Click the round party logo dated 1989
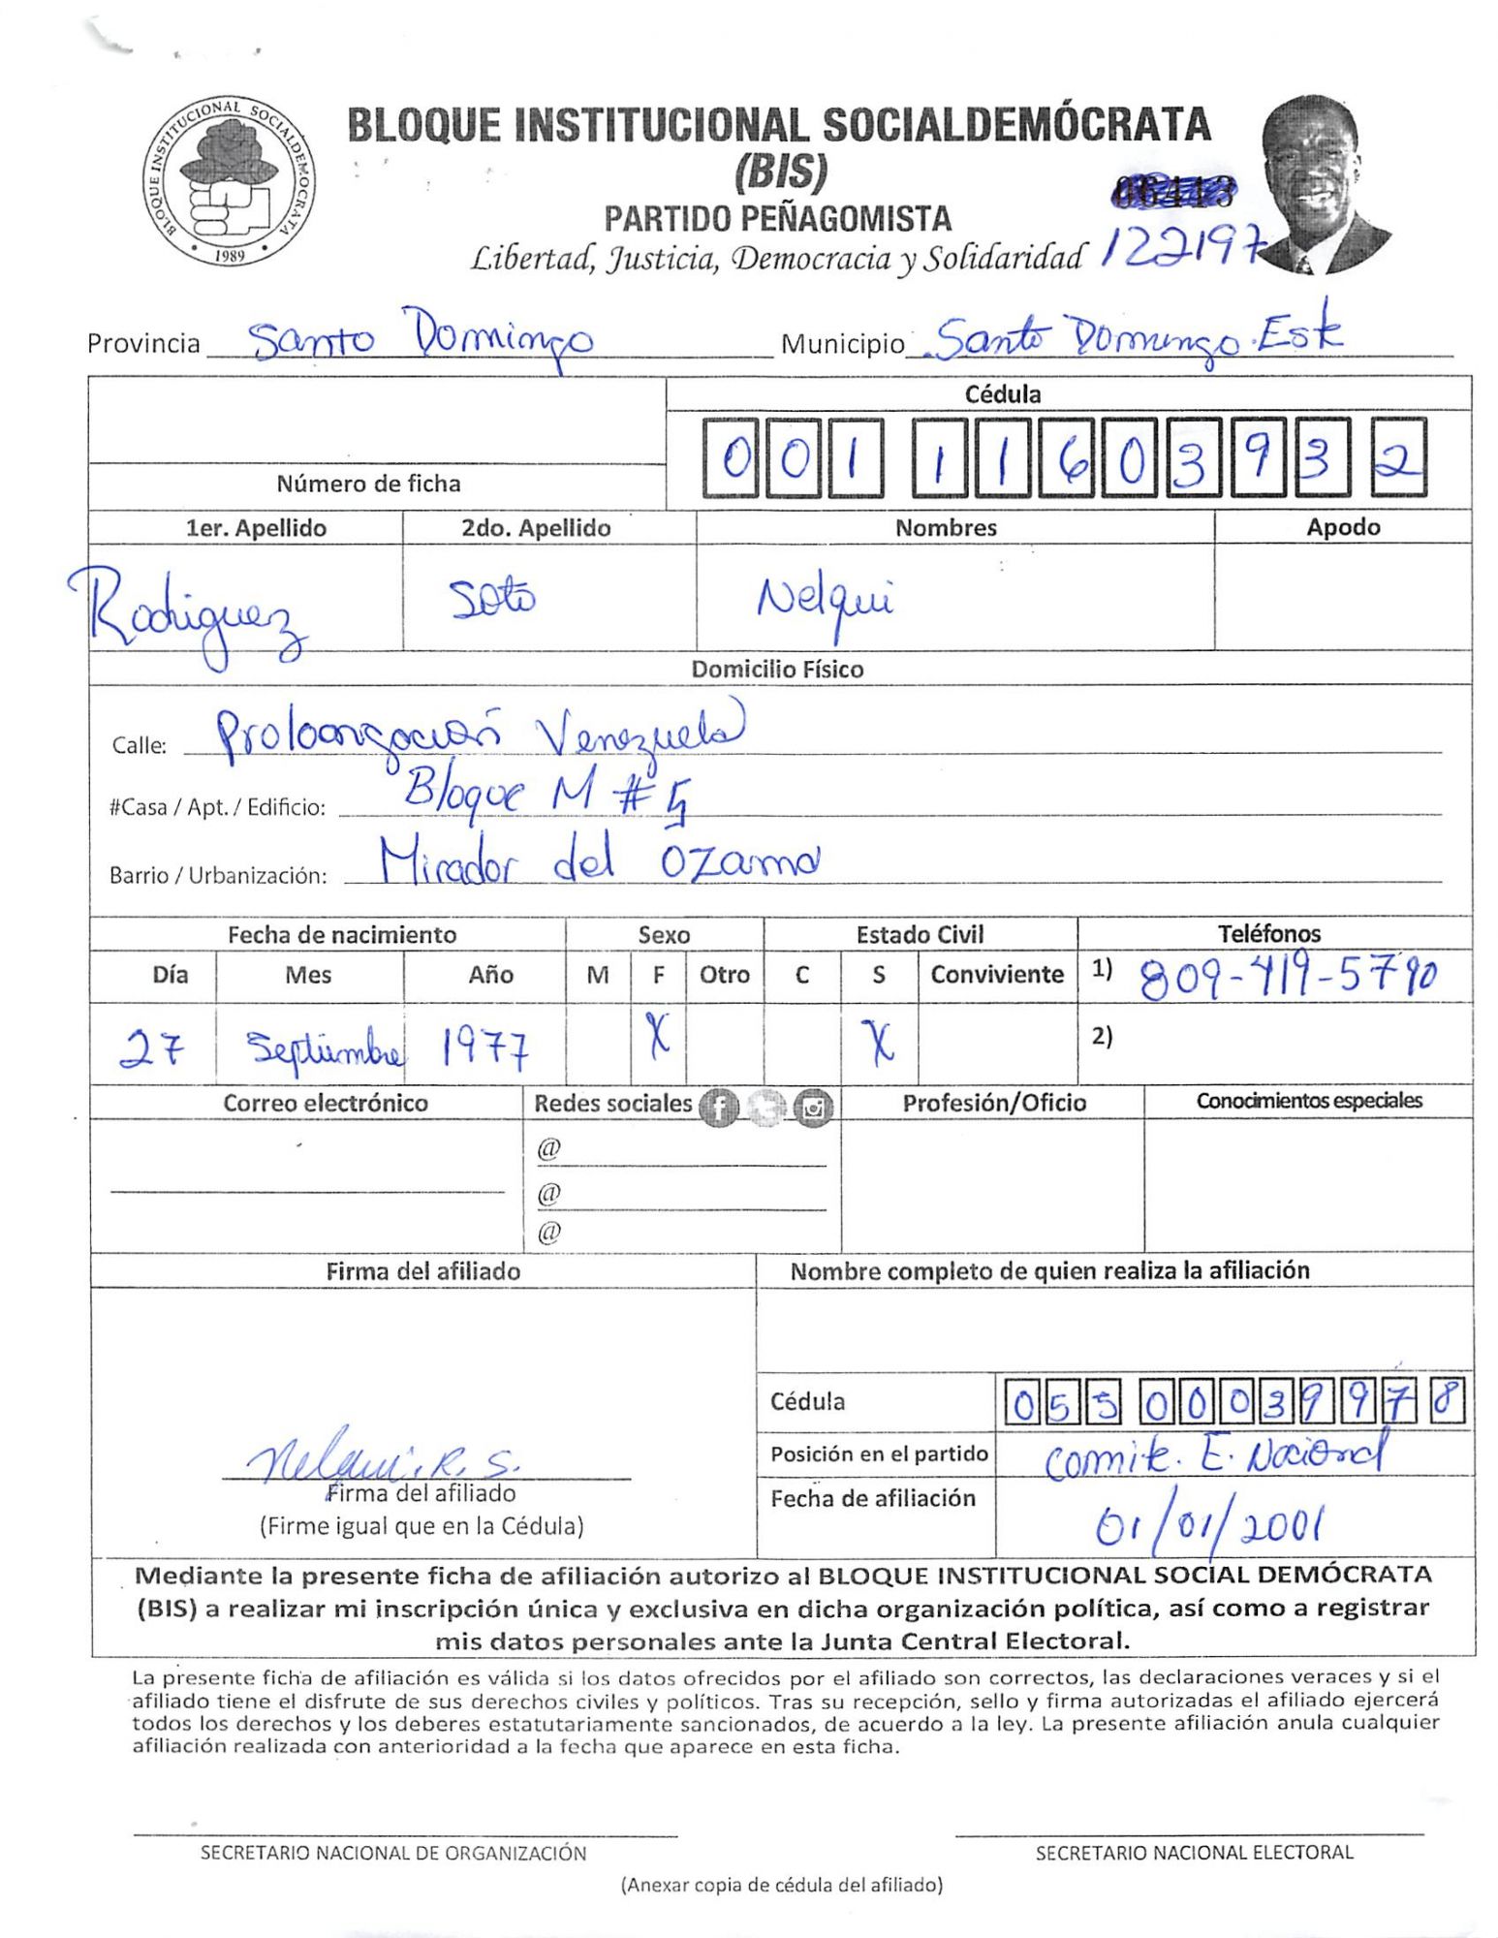229,181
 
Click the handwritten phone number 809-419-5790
1289,978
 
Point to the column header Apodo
1342,527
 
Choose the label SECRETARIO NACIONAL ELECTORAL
1194,1853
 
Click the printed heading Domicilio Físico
777,669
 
